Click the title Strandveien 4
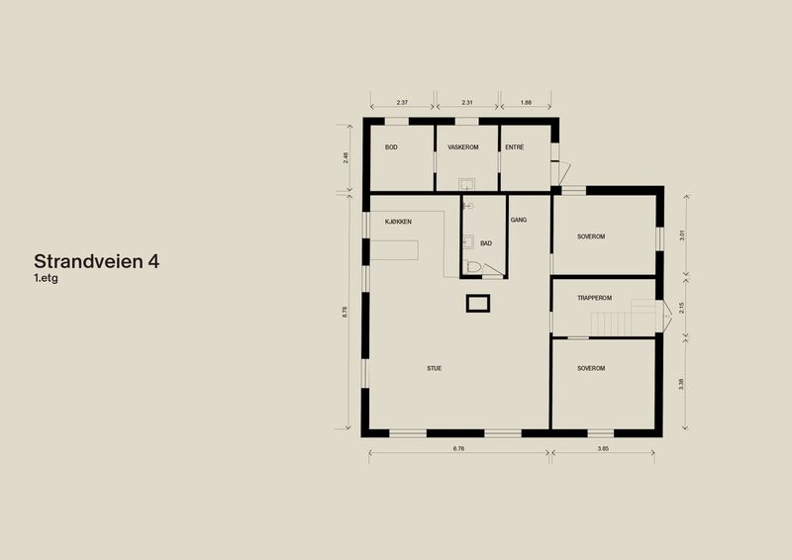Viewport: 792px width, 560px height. click(96, 261)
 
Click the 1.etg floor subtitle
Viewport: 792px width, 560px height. click(46, 278)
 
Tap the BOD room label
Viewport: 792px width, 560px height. click(391, 147)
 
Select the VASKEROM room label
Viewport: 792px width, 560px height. click(462, 147)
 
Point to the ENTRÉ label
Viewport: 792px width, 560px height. click(514, 147)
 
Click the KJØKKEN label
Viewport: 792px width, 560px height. click(398, 222)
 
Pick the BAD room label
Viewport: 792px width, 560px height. click(486, 243)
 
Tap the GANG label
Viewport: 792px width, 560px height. click(518, 221)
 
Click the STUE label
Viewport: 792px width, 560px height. click(434, 369)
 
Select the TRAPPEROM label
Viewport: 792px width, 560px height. click(595, 298)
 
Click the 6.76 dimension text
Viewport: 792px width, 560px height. click(458, 448)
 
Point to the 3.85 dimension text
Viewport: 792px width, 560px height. click(603, 448)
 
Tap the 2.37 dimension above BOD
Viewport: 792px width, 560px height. click(402, 103)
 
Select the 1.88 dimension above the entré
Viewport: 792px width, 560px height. click(526, 103)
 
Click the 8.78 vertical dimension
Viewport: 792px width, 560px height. click(345, 312)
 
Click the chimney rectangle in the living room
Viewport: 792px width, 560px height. click(478, 304)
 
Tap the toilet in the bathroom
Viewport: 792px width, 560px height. click(474, 266)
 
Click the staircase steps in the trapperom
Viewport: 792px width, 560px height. click(611, 325)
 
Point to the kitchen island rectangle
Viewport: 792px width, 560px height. click(394, 250)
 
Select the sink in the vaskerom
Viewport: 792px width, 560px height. click(466, 184)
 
